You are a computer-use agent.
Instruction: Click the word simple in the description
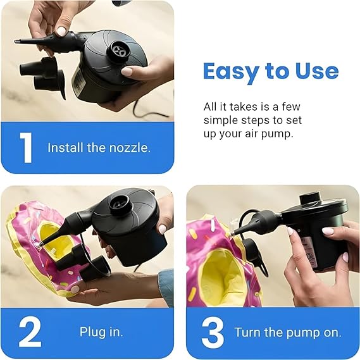[x=221, y=120]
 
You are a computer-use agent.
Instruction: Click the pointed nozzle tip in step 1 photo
[x=19, y=42]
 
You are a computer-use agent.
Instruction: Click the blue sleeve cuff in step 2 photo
[x=166, y=286]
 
